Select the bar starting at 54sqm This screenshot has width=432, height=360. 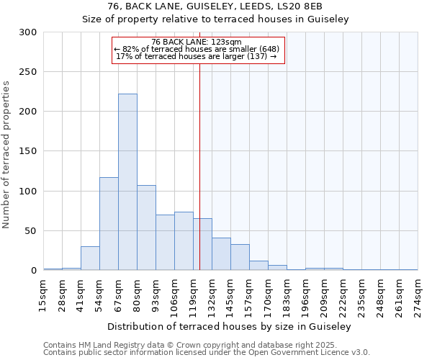click(x=109, y=224)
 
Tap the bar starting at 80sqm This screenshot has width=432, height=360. click(x=146, y=228)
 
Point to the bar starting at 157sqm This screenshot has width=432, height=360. click(x=258, y=266)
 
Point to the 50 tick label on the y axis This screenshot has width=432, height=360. click(x=30, y=231)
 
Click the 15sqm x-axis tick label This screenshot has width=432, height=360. click(x=44, y=295)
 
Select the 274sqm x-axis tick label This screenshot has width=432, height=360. click(x=418, y=295)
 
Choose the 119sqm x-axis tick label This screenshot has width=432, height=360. click(x=194, y=295)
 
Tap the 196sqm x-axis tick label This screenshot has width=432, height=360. click(x=306, y=295)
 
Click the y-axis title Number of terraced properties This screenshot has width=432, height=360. click(x=6, y=155)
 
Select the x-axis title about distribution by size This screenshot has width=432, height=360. click(x=230, y=326)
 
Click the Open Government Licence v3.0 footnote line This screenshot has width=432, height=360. click(x=207, y=353)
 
